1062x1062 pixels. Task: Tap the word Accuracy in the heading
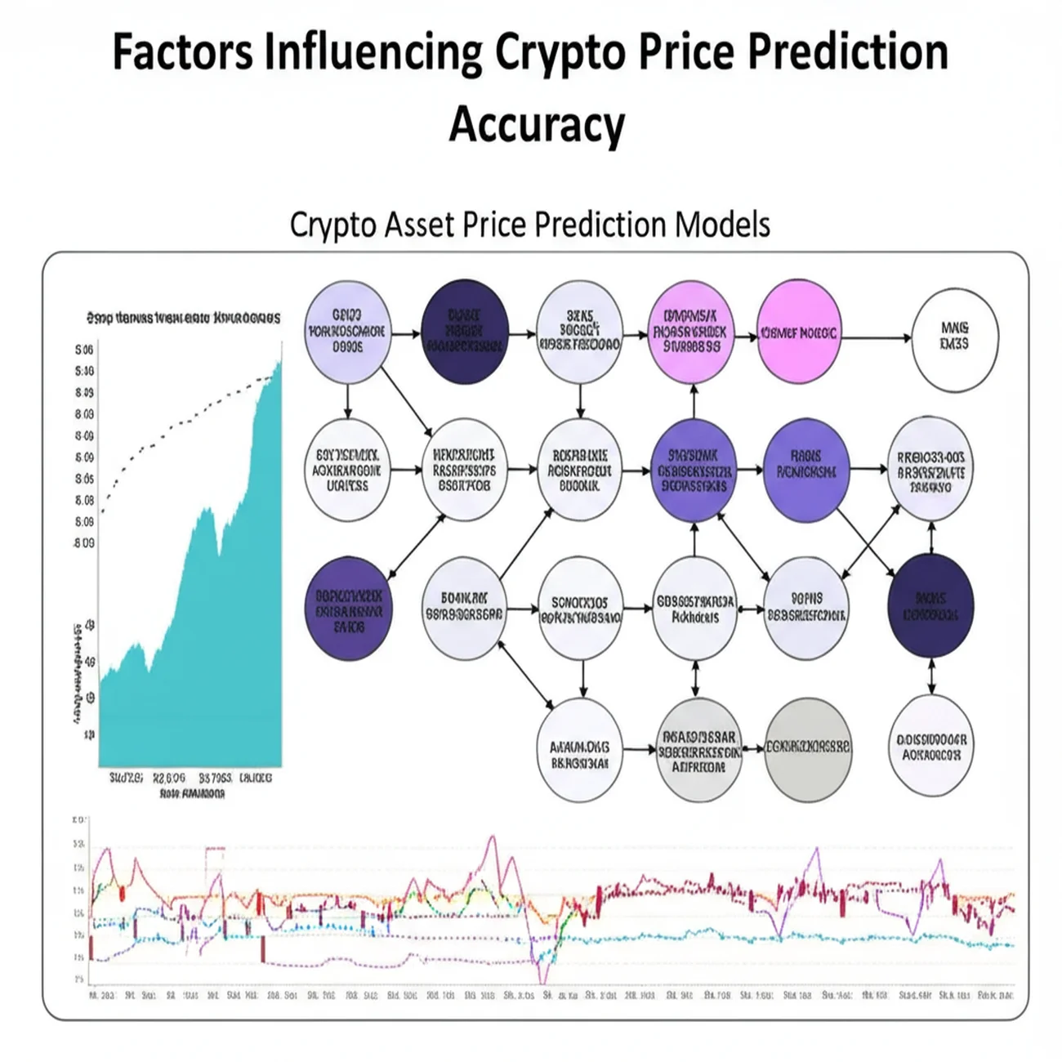(x=537, y=125)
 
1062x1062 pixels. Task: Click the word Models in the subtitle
(x=722, y=224)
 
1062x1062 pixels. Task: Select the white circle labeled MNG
(x=954, y=336)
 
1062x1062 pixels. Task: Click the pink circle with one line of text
(x=798, y=333)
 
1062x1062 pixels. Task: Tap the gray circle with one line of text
(x=807, y=747)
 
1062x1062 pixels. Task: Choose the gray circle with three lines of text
(x=698, y=749)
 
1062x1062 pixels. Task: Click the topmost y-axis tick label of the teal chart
(x=84, y=350)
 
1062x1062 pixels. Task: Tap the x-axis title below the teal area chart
(x=192, y=793)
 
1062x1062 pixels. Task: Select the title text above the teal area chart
(x=183, y=318)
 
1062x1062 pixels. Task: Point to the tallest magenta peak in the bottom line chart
(x=492, y=838)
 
